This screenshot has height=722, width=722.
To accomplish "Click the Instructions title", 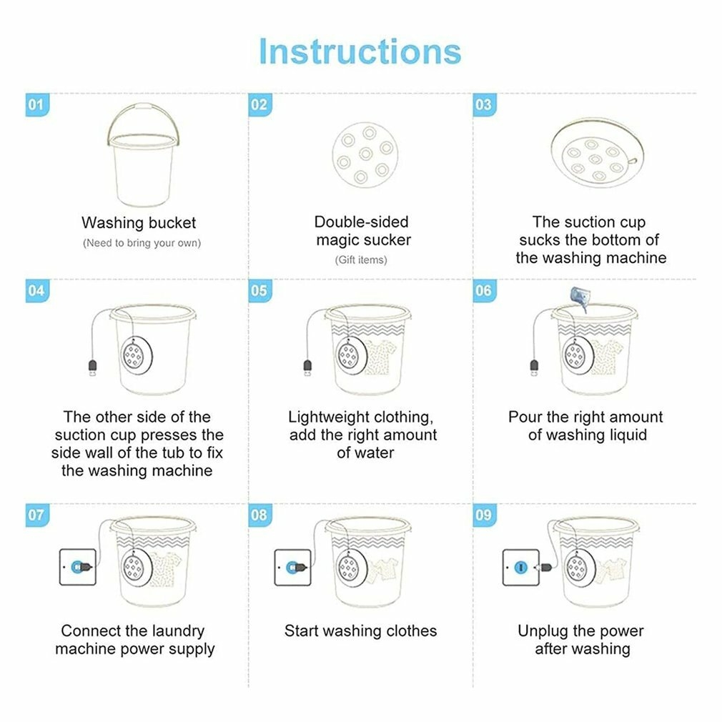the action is click(360, 51).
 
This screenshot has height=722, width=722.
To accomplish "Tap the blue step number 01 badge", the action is click(37, 105).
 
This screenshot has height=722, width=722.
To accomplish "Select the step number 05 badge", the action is click(259, 290).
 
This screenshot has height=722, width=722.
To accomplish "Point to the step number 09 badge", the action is click(485, 515).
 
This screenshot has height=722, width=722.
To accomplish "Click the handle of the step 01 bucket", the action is click(143, 107).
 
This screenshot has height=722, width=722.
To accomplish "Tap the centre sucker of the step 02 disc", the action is click(365, 154).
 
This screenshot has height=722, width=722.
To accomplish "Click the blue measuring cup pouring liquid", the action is click(579, 297).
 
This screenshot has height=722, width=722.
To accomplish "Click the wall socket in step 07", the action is click(78, 567).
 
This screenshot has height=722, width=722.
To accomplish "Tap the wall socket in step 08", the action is click(293, 568).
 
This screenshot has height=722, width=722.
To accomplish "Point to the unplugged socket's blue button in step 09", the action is click(521, 568).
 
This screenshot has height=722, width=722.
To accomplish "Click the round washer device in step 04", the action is click(137, 355).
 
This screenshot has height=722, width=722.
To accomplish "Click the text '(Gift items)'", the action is click(361, 260).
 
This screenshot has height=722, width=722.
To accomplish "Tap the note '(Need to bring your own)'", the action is click(142, 243).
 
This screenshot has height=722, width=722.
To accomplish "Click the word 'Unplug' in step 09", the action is click(543, 631).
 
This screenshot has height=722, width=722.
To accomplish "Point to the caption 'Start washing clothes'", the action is click(360, 630).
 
